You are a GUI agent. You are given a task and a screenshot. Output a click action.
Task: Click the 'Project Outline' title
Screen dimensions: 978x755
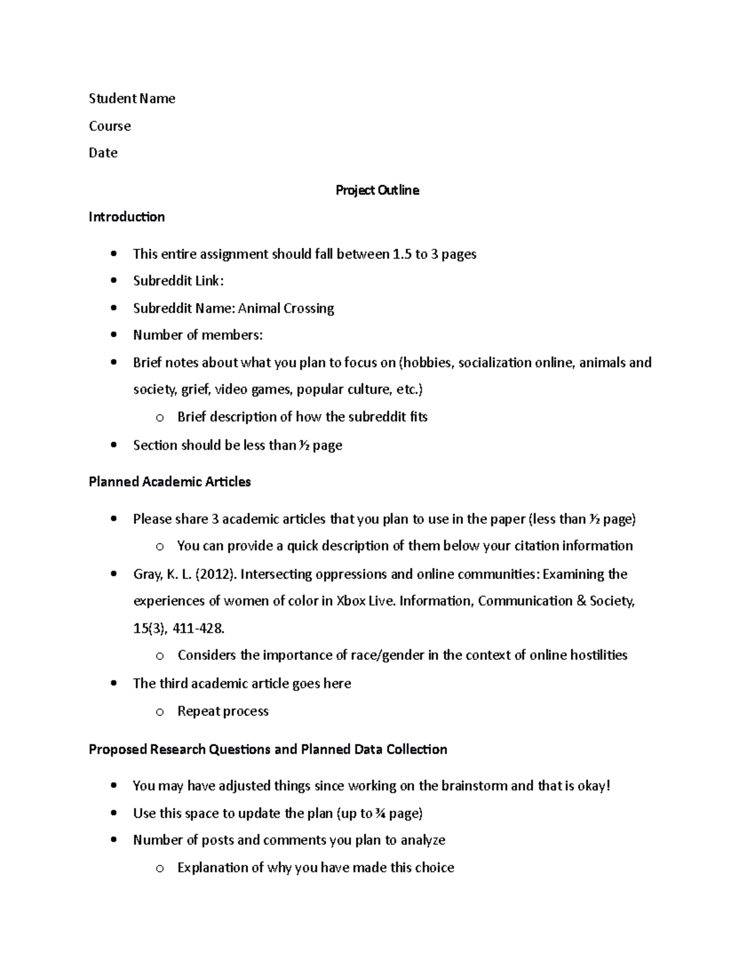[x=377, y=190]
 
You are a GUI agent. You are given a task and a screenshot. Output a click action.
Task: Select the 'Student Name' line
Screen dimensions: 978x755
[x=132, y=98]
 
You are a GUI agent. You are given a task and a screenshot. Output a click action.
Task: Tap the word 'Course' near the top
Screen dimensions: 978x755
[x=110, y=126]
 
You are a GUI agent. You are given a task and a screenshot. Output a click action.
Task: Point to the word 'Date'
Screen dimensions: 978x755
[x=103, y=153]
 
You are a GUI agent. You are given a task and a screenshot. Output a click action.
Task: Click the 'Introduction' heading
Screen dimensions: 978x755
[x=126, y=217]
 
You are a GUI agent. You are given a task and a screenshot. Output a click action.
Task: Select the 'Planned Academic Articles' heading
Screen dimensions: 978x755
[x=170, y=482]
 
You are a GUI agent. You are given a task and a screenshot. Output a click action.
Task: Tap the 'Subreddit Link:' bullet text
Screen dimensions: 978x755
[x=178, y=281]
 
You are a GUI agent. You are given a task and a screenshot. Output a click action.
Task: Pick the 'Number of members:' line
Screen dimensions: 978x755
[x=198, y=335]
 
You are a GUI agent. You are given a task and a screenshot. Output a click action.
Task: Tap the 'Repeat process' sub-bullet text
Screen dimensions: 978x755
[x=223, y=711]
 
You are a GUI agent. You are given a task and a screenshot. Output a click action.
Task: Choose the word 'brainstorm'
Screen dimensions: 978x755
[x=474, y=786]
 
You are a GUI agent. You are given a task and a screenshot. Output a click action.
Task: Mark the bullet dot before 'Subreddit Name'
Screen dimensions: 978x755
[x=113, y=309]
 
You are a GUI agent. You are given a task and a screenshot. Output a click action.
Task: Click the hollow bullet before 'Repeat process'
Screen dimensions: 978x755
[x=160, y=712]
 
